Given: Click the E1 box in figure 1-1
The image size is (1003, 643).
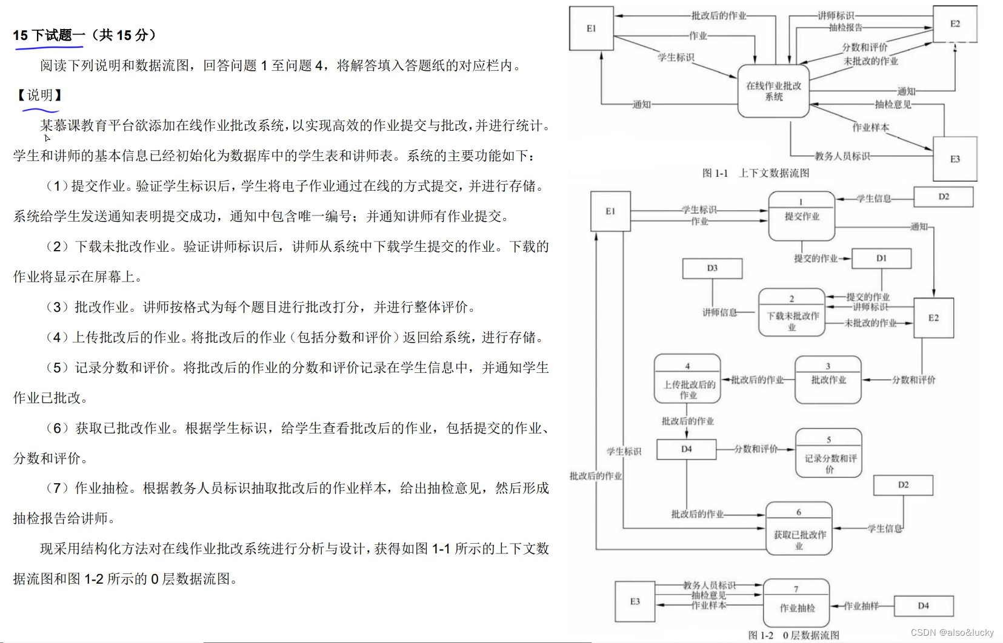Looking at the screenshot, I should pos(591,28).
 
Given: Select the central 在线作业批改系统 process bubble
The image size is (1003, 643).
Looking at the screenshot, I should pos(773,91).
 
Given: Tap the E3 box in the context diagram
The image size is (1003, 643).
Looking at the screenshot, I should pos(955,159).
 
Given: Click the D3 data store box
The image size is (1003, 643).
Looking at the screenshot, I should pos(712,268).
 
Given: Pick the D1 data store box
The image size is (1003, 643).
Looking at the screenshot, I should pos(881,258).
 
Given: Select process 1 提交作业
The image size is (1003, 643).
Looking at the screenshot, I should pos(801,216).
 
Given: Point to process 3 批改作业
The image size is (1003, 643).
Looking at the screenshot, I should pos(828,380).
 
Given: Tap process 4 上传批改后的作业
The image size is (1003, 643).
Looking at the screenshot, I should pos(687,379).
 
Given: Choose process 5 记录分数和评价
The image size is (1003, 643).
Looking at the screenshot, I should pos(828,453).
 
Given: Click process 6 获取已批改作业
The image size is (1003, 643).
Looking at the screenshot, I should pos(799,529).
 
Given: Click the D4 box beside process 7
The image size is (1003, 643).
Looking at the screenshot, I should pos(923,605).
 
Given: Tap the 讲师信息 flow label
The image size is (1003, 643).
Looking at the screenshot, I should pos(719,312).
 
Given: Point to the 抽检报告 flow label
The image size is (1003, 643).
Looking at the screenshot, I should pos(845,27).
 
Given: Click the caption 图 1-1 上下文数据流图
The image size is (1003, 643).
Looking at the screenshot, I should pos(755,173).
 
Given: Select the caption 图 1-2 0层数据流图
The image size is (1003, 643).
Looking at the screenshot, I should pos(793,635).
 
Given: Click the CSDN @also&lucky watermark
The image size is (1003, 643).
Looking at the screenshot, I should pos(952,632).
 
